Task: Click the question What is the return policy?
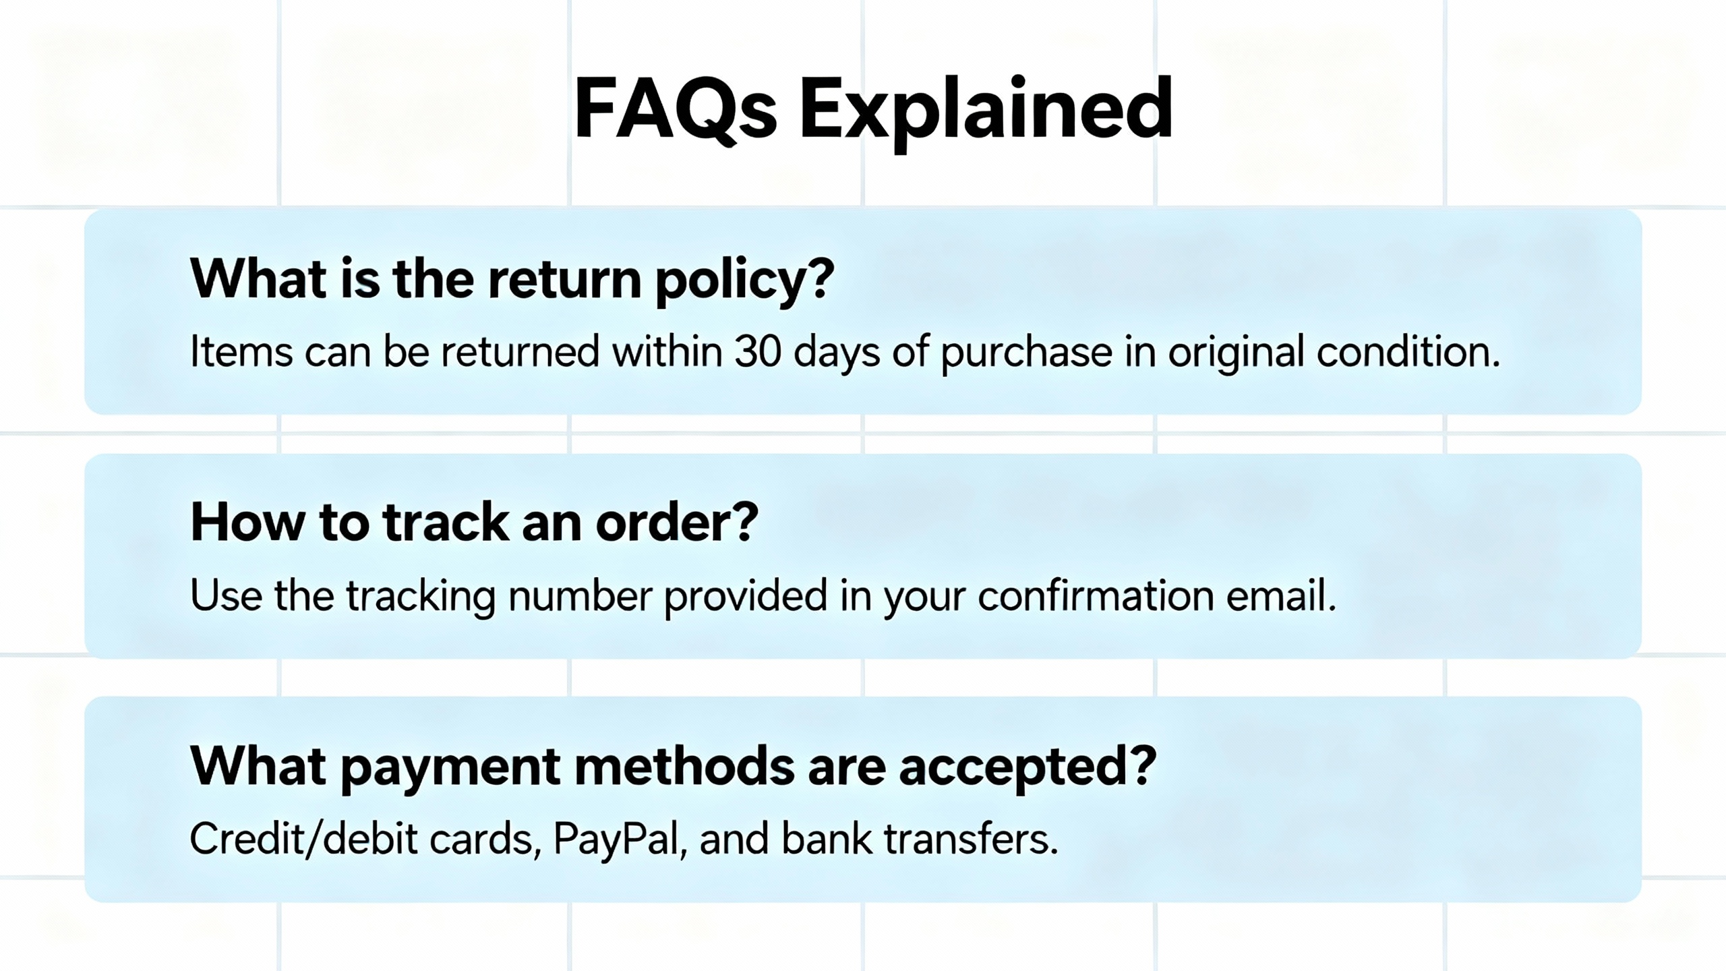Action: [512, 278]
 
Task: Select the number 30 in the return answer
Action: [758, 351]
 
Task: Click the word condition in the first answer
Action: [1408, 351]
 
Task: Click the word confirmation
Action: [1096, 595]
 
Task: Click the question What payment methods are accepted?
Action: [673, 767]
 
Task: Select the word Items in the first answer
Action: [241, 352]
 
